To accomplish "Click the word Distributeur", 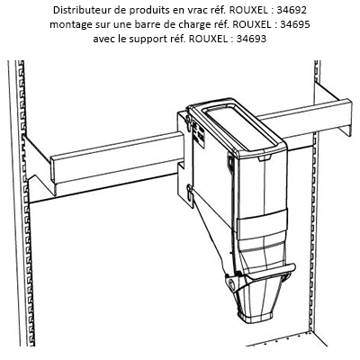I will [x=85, y=10].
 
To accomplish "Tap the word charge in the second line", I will [x=191, y=24].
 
